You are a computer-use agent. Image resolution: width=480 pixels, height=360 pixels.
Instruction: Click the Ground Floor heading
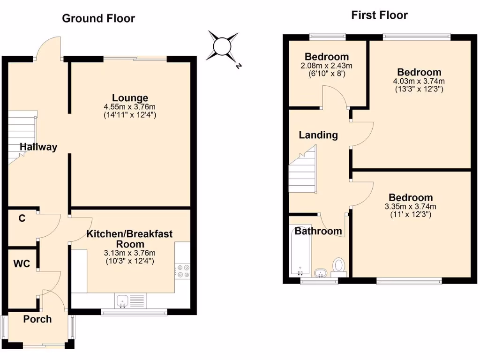[x=98, y=18]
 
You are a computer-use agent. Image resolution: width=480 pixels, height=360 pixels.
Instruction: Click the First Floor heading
[x=379, y=15]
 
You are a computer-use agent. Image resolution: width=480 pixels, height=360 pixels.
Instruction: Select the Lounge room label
[x=130, y=98]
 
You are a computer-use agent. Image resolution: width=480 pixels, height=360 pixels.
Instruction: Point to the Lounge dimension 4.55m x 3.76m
[x=130, y=107]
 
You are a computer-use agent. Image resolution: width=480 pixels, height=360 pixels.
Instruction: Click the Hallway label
[x=38, y=147]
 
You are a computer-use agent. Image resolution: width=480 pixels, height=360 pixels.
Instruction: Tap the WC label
[x=22, y=264]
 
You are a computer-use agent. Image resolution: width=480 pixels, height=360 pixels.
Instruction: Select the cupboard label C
[x=22, y=218]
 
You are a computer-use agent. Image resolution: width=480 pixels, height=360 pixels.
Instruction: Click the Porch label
[x=37, y=319]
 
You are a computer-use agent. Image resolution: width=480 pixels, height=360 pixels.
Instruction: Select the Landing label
[x=318, y=135]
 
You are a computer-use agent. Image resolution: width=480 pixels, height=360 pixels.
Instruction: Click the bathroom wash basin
[x=321, y=272]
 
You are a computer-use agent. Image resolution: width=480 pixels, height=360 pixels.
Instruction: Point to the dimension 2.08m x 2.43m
[x=326, y=66]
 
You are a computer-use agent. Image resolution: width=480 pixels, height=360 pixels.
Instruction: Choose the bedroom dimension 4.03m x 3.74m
[x=419, y=81]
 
